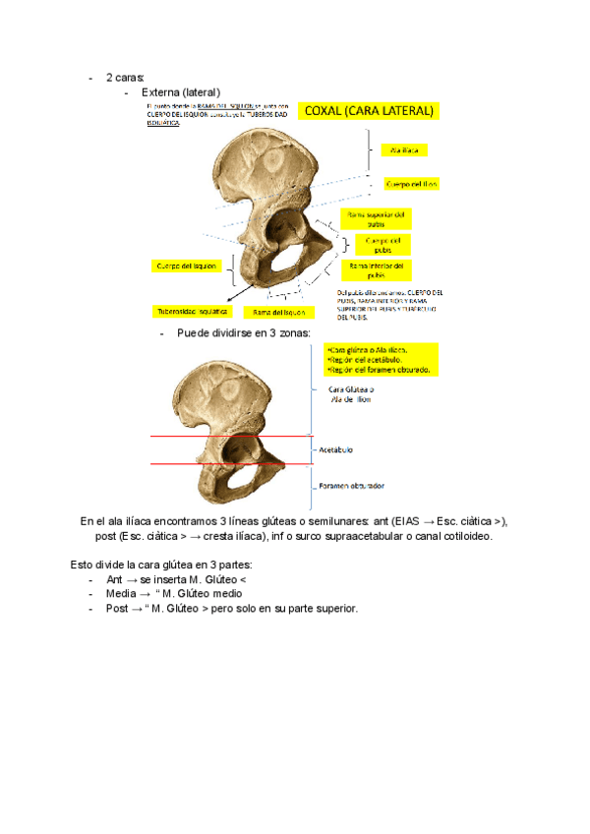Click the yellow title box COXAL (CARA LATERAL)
[x=369, y=111]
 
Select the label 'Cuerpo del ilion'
[x=411, y=184]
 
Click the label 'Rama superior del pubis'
[x=375, y=219]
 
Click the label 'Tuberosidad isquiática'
[x=192, y=311]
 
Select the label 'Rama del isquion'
[x=277, y=312]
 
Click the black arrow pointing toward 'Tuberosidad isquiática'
[x=236, y=295]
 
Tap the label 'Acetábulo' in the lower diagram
[x=337, y=448]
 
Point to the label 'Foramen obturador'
[x=350, y=486]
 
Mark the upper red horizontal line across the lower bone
[x=231, y=436]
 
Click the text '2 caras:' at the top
[x=125, y=77]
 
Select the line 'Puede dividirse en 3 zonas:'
[x=243, y=333]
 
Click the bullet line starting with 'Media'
[x=173, y=594]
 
